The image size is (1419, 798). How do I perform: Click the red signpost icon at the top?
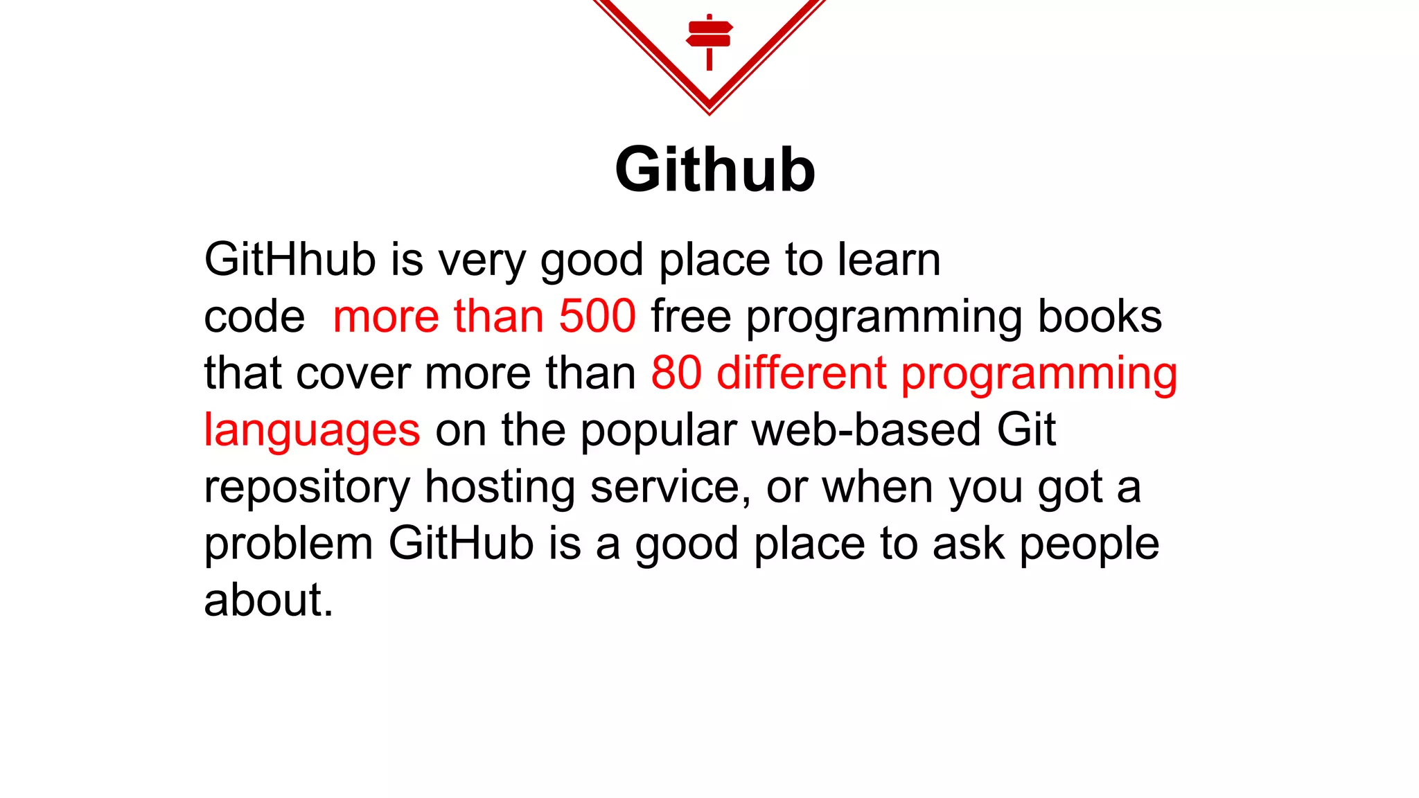tap(709, 40)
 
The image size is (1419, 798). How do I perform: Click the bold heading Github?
tap(715, 170)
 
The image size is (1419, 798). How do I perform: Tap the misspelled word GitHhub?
tap(290, 260)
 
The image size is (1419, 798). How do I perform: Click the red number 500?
tap(597, 317)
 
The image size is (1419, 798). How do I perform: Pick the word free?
tap(691, 317)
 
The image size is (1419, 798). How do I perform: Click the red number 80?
tap(676, 373)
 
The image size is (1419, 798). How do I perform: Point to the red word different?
tap(801, 373)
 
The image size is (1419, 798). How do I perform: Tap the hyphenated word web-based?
tap(866, 430)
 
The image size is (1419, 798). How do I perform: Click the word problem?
tap(288, 544)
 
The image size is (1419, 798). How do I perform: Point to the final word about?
tap(268, 601)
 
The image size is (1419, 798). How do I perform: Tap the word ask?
tap(968, 544)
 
